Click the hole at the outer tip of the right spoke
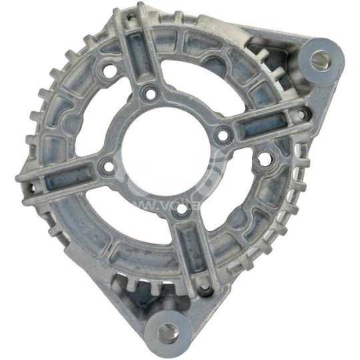(303, 114)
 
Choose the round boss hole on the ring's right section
(265, 160)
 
